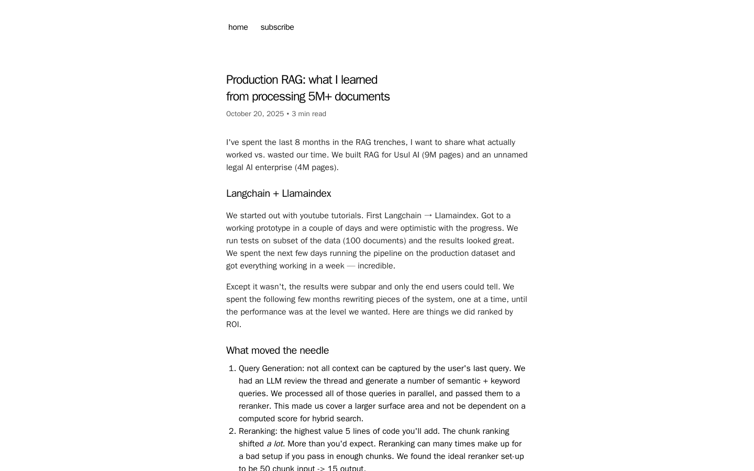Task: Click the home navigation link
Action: (238, 27)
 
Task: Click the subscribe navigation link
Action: (277, 27)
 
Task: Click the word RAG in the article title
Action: (292, 80)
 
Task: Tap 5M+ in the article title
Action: (319, 97)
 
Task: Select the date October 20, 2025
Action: (255, 114)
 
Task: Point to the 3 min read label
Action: (309, 114)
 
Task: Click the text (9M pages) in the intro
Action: (442, 155)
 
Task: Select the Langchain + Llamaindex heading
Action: (279, 194)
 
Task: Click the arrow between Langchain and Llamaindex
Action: (428, 216)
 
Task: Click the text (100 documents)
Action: (374, 241)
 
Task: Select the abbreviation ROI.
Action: (232, 324)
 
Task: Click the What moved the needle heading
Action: (278, 351)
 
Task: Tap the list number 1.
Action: (232, 369)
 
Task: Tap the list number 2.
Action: (232, 432)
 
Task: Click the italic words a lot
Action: (275, 444)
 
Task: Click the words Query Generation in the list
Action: (271, 368)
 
